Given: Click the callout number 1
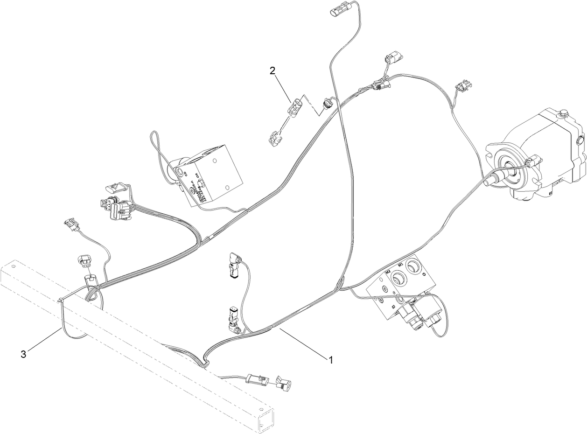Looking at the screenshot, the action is [331, 359].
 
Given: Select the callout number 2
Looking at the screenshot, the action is [273, 71].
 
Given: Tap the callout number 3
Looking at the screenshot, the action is [23, 354].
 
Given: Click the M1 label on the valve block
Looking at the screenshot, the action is [400, 266].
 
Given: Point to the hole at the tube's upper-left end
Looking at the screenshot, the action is [13, 268].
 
